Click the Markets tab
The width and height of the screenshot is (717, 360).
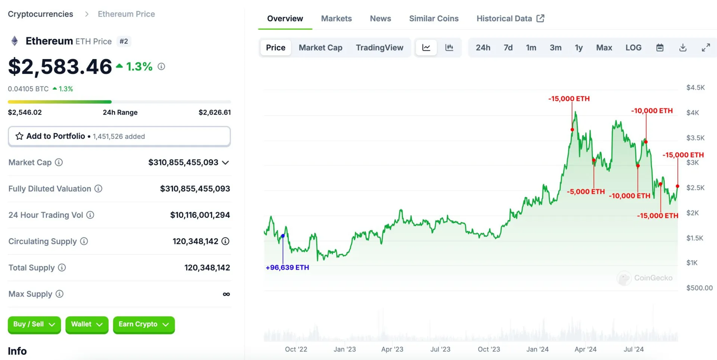click(x=336, y=19)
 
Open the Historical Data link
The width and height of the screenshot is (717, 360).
click(x=510, y=19)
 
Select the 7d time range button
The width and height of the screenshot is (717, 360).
click(x=508, y=48)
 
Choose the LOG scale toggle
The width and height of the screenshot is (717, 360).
click(x=633, y=48)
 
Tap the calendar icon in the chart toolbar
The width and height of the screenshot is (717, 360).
click(x=660, y=48)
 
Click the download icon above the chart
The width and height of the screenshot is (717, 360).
click(x=683, y=48)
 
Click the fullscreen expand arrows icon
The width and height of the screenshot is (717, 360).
click(x=705, y=48)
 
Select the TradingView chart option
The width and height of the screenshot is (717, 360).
click(x=379, y=48)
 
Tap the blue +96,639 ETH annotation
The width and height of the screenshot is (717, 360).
click(x=287, y=267)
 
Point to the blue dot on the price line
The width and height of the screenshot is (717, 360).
click(x=283, y=236)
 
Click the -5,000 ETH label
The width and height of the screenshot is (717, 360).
click(x=586, y=192)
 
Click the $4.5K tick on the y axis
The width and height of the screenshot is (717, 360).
click(x=695, y=88)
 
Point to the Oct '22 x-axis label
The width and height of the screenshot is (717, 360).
click(x=296, y=349)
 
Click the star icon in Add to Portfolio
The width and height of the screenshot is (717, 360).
click(x=19, y=136)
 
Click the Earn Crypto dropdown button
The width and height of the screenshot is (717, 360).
click(x=144, y=324)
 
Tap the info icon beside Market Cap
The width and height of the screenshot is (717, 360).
click(x=59, y=162)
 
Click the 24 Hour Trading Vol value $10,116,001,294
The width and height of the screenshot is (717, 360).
click(x=200, y=215)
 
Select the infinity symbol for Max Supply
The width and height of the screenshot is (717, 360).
click(x=226, y=294)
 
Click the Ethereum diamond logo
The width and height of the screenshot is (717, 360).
click(x=15, y=41)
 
